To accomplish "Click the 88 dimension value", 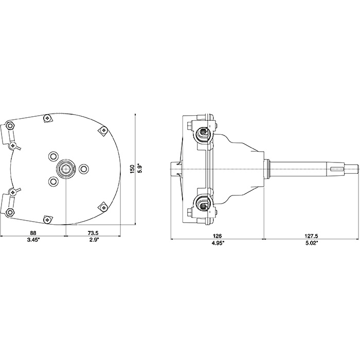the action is [33, 233].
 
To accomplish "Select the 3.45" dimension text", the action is [33, 240].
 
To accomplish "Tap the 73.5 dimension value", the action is [93, 233].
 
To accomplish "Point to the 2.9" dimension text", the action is [93, 240].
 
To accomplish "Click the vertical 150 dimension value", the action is [132, 169].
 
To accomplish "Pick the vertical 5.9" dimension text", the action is [139, 169].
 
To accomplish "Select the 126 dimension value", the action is [217, 236].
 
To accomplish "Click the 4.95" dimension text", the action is [217, 243].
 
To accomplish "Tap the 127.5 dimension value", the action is [312, 236].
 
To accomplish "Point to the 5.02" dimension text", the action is [312, 243].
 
